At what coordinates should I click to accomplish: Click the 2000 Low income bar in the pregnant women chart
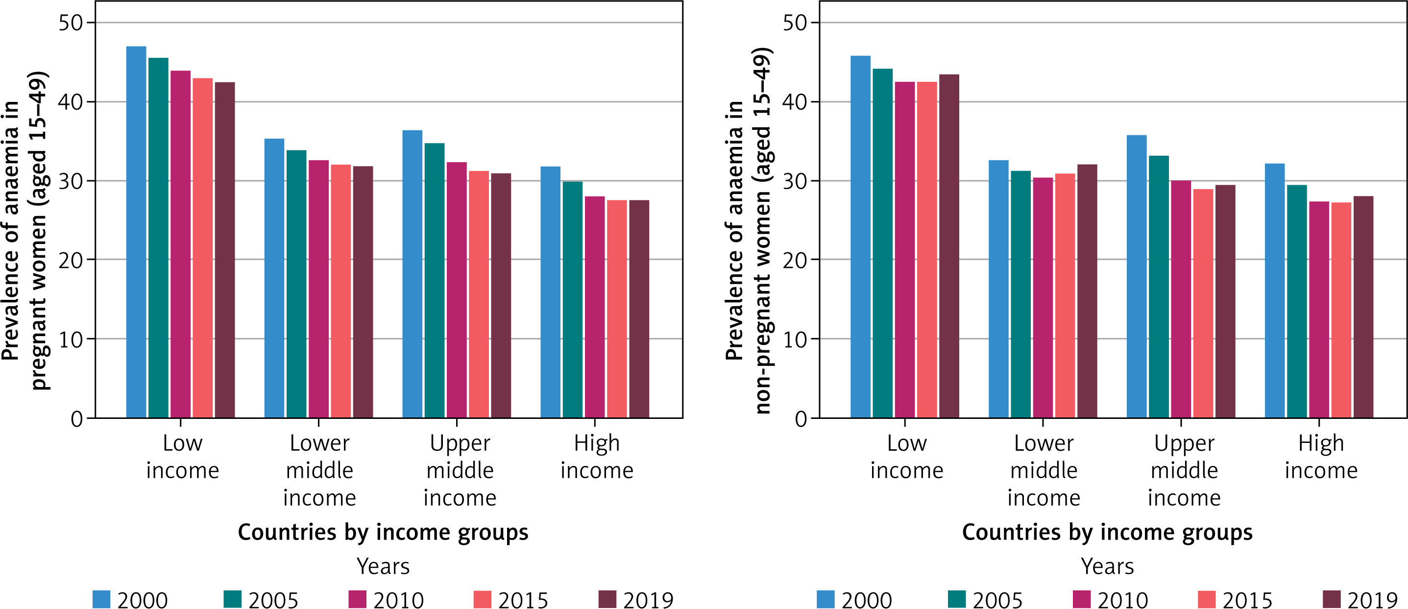pyautogui.click(x=136, y=232)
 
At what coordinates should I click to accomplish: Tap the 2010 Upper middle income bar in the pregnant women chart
pyautogui.click(x=457, y=290)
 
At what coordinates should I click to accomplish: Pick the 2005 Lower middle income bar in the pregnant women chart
pyautogui.click(x=296, y=284)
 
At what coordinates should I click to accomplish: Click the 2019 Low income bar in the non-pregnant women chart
pyautogui.click(x=949, y=246)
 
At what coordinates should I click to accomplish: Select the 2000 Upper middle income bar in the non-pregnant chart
pyautogui.click(x=1137, y=276)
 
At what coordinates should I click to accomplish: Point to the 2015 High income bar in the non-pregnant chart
pyautogui.click(x=1341, y=310)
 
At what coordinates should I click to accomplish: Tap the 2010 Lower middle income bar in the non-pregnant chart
pyautogui.click(x=1043, y=298)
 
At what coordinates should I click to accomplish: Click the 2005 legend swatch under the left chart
pyautogui.click(x=233, y=599)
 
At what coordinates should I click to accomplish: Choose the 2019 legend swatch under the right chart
pyautogui.click(x=1332, y=599)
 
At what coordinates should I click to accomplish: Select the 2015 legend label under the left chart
pyautogui.click(x=523, y=600)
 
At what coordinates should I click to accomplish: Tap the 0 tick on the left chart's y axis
pyautogui.click(x=76, y=419)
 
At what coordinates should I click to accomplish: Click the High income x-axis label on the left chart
pyautogui.click(x=596, y=457)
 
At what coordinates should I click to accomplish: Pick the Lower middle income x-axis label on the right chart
pyautogui.click(x=1044, y=470)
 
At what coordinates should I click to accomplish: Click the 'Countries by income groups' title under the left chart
pyautogui.click(x=383, y=532)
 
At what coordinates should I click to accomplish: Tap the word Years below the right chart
pyautogui.click(x=1107, y=566)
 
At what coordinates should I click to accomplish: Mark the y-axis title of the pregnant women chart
pyautogui.click(x=24, y=230)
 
